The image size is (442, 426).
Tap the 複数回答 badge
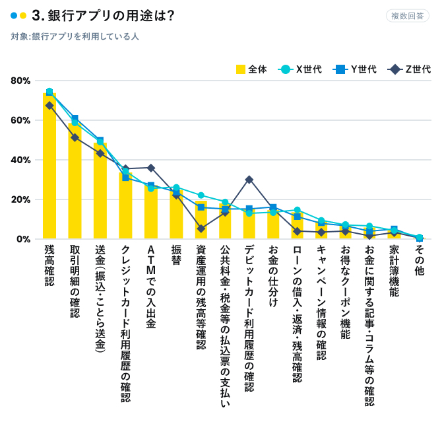(407, 16)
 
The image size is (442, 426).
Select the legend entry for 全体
(251, 69)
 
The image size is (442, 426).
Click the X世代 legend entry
(301, 69)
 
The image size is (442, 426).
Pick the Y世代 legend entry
(356, 69)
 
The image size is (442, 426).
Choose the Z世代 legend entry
(410, 69)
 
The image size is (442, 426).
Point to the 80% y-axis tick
(20, 81)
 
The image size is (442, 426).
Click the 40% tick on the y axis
(20, 160)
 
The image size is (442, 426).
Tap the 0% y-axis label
(24, 238)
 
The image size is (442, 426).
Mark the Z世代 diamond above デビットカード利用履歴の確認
(249, 179)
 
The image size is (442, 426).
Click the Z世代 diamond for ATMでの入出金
(150, 168)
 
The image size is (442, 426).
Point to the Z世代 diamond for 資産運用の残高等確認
(201, 229)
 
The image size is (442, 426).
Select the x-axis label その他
(419, 255)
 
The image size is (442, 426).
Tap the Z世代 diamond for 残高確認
(49, 106)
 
